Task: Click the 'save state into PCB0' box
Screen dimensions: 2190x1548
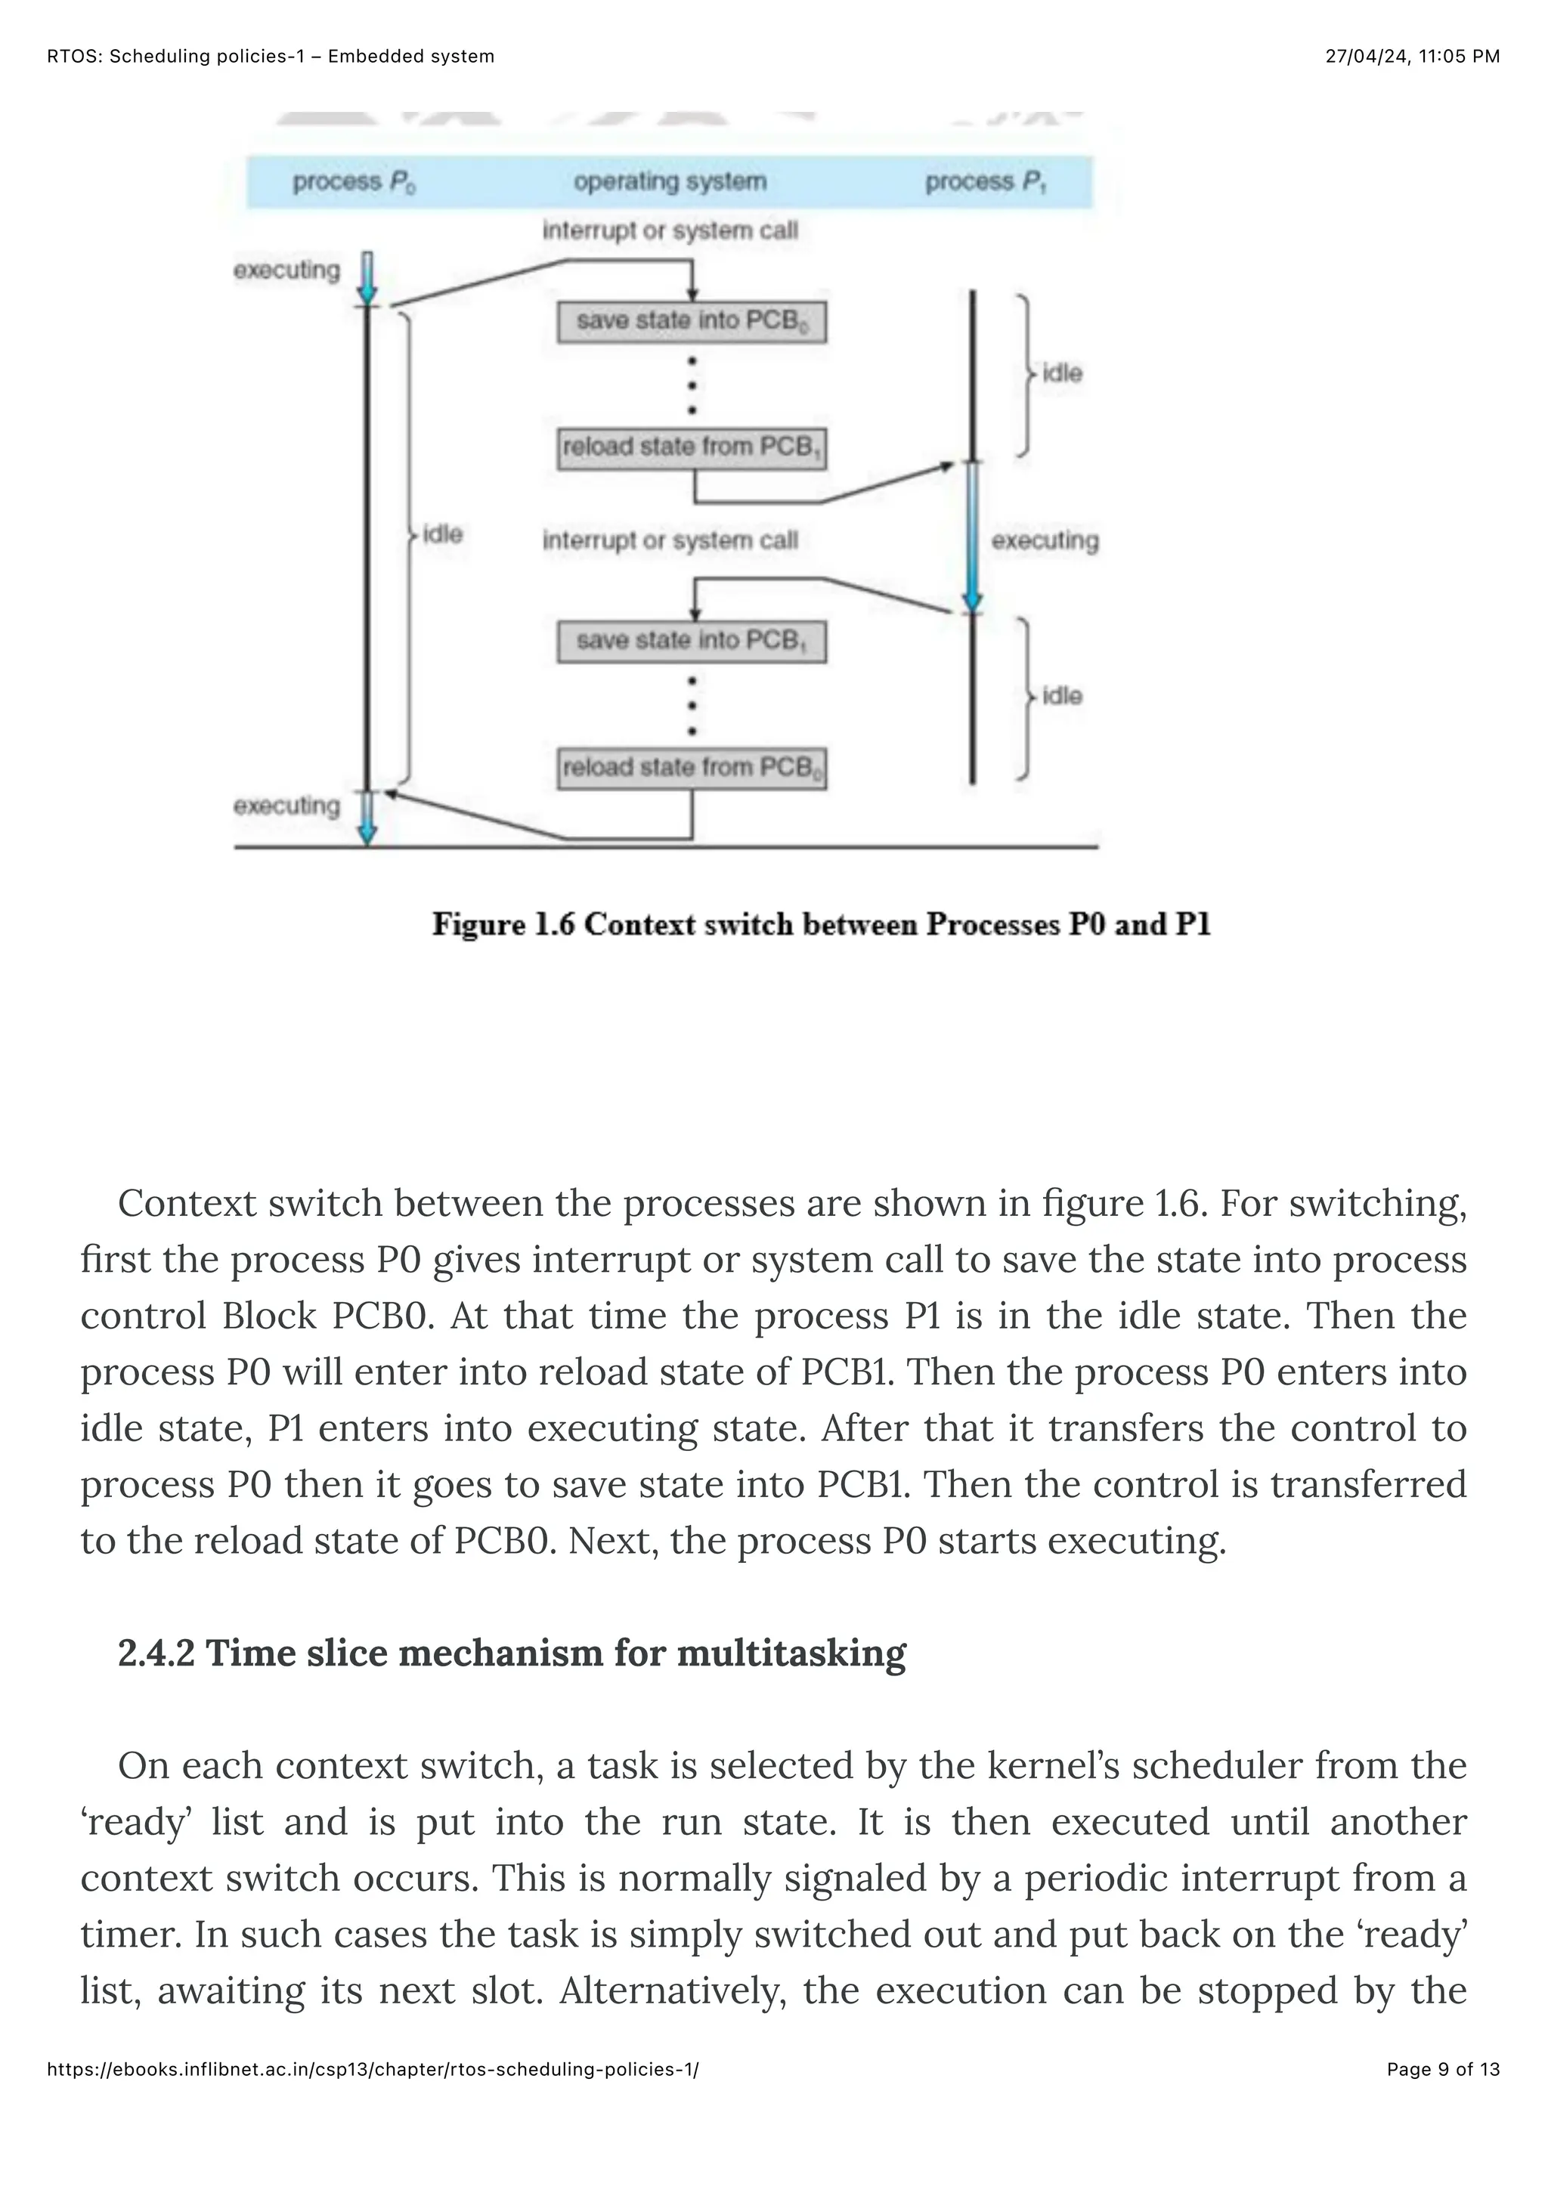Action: point(692,321)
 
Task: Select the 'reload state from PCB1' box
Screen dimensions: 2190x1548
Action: point(692,447)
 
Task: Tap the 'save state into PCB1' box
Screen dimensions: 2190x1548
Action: point(692,641)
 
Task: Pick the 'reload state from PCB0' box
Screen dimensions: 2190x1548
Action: point(692,768)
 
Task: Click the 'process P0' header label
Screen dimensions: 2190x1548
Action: point(354,181)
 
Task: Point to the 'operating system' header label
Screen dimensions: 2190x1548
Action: point(670,181)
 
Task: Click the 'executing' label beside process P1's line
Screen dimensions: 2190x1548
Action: point(1045,541)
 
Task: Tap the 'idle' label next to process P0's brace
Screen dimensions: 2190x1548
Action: point(441,534)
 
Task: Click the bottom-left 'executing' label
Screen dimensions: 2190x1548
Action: point(286,806)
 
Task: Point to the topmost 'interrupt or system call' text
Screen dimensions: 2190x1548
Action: point(670,230)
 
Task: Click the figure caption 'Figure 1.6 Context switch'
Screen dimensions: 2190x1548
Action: point(820,924)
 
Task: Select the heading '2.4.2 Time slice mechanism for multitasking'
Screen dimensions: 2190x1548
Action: point(511,1652)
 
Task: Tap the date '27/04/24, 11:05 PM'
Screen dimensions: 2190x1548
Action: point(1412,56)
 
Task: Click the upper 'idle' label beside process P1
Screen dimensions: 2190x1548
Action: point(1061,373)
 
